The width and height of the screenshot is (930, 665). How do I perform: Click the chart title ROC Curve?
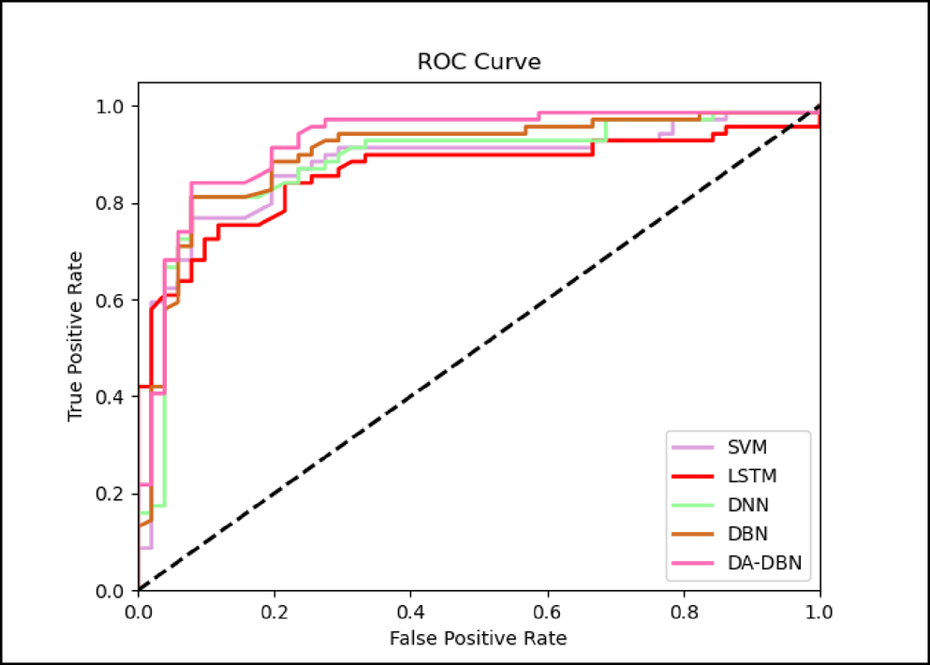[x=479, y=63]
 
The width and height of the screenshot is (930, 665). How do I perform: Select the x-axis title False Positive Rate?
[x=479, y=639]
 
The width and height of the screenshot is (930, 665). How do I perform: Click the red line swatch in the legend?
[x=692, y=476]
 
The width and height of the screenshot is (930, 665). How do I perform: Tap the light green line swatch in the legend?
[x=692, y=505]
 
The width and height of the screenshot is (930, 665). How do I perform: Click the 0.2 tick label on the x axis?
[x=274, y=611]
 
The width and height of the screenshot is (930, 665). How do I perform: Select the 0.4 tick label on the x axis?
[x=411, y=611]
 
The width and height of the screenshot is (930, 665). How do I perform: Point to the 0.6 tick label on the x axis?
[x=547, y=611]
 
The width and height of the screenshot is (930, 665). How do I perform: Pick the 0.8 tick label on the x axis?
[x=684, y=611]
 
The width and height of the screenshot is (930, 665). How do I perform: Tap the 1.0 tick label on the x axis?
[x=819, y=611]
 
